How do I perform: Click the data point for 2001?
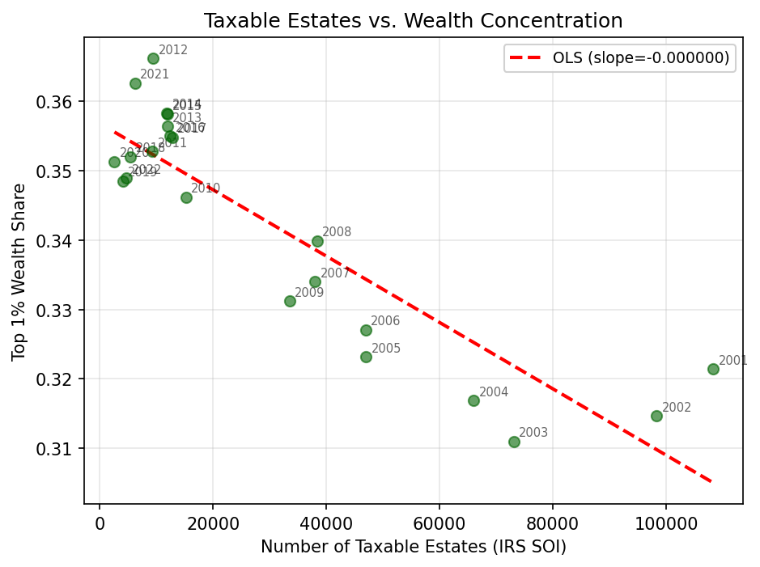coord(713,369)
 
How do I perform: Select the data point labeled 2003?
coord(514,442)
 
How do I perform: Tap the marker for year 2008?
coord(317,241)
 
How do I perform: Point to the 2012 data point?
coord(153,58)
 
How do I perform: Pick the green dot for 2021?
coord(135,83)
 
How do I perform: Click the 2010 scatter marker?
coord(186,197)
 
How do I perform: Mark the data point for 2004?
coord(473,400)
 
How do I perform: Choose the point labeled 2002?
coord(656,416)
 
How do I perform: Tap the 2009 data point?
coord(290,301)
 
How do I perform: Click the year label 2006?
coord(385,321)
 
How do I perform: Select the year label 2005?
coord(385,349)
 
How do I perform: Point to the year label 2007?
coord(335,273)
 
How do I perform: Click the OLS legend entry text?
coord(641,58)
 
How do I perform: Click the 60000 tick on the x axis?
coord(439,523)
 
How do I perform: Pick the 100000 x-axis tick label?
coord(665,523)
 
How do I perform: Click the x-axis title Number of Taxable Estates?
coord(413,547)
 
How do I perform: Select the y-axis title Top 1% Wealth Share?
coord(19,272)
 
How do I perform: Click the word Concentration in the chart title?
coord(550,20)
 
